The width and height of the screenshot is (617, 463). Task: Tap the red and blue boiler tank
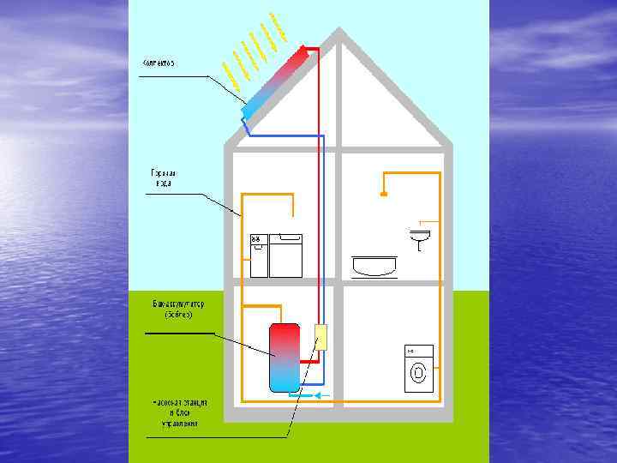[285, 357]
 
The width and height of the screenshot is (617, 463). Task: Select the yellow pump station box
[321, 338]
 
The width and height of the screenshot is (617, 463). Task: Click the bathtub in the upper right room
[374, 265]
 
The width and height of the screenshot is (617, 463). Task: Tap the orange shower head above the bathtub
[384, 195]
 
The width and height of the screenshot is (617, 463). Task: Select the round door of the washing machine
[419, 374]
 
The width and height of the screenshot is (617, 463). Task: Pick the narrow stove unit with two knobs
[259, 256]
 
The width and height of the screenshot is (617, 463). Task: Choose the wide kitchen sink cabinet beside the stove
[286, 256]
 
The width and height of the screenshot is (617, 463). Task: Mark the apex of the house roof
[339, 33]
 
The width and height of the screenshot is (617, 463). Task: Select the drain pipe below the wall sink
[420, 247]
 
